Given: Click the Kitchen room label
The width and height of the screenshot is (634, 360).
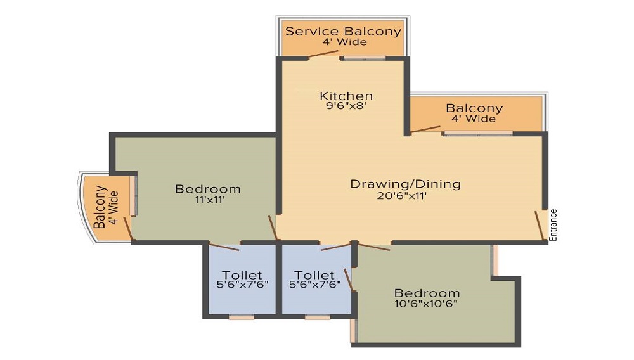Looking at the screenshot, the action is coord(346,96).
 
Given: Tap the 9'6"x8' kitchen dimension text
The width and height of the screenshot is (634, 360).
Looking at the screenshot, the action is coord(346,106).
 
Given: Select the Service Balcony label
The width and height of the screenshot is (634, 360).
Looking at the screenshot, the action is coord(343,31).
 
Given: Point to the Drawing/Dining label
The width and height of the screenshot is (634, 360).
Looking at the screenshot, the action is coord(405,184).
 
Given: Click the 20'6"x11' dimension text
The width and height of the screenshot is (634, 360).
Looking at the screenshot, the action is coord(401,196).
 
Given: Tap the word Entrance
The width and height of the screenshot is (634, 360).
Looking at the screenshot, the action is coord(553,225).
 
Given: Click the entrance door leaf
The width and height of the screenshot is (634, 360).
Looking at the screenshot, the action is coord(540,226).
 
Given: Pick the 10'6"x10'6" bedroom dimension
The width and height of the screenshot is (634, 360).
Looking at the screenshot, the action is coord(426,304).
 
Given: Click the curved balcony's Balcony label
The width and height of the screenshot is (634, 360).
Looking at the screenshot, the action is coord(100,207).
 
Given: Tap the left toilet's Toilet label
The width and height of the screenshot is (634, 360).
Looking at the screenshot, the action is coord(242,274).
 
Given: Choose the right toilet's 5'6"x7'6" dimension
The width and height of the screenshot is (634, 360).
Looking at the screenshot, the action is coord(315,284).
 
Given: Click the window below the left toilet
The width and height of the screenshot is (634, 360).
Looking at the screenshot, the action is coord(242,318).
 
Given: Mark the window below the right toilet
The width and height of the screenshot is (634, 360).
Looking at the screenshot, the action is coord(318,318).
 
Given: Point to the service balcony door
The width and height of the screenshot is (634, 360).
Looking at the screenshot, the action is coord(323,54).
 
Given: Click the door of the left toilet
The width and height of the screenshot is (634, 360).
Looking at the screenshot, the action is coord(224,247).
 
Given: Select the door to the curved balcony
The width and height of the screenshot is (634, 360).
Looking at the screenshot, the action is coord(128,229).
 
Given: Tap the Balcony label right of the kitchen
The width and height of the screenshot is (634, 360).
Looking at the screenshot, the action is coord(474,108).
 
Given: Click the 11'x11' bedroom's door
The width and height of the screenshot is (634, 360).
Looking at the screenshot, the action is coord(273,228).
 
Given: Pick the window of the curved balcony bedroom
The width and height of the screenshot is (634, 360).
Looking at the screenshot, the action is coord(135,195).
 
